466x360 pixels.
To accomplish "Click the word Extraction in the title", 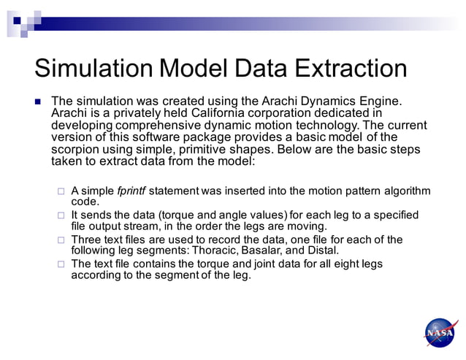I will [x=351, y=69].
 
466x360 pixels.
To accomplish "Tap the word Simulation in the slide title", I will [x=91, y=69].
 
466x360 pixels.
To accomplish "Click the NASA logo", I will [x=441, y=333].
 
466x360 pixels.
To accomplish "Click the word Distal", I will [x=321, y=250].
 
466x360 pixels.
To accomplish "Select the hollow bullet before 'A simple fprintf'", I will [x=61, y=192].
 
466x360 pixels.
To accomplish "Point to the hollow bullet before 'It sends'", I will [x=61, y=216].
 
